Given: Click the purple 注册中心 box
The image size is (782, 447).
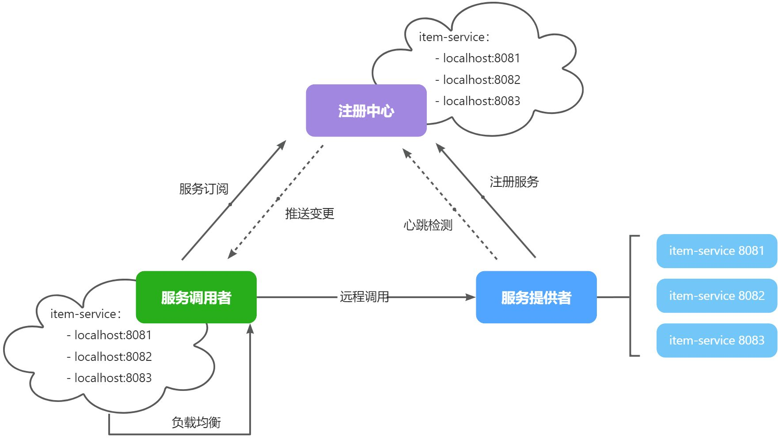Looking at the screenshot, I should (x=366, y=110).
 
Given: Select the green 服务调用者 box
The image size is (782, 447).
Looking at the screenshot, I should (x=196, y=297).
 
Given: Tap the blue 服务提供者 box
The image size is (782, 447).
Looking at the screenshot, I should (x=536, y=297).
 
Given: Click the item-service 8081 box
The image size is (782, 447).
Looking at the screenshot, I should (x=716, y=251).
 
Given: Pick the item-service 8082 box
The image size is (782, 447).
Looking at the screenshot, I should (x=716, y=295).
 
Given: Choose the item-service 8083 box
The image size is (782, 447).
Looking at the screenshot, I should (x=716, y=340).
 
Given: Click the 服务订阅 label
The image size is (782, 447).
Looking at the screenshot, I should (x=204, y=189).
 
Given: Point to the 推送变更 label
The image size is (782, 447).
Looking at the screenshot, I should (x=309, y=214).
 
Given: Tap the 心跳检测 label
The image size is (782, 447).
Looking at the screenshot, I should (x=428, y=225).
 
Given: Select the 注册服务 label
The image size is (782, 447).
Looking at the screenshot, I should (x=514, y=182).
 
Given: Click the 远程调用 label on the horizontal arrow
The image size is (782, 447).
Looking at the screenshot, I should (x=364, y=297).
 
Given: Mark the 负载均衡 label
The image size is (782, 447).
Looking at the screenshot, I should (x=196, y=423).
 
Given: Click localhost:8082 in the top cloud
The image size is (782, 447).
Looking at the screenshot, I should (x=481, y=80).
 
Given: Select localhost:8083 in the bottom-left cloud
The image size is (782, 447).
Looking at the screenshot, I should (x=113, y=378).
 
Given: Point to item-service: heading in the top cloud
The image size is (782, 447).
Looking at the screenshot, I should (x=454, y=38).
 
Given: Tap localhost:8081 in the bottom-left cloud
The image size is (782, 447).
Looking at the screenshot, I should (x=113, y=335).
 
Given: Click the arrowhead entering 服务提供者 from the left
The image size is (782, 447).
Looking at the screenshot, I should (x=471, y=297).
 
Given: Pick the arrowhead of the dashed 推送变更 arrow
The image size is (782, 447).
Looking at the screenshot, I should (x=232, y=254).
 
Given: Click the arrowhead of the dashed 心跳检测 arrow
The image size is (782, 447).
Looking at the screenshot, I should (x=406, y=153).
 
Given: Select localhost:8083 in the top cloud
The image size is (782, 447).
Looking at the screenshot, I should (x=481, y=101).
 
